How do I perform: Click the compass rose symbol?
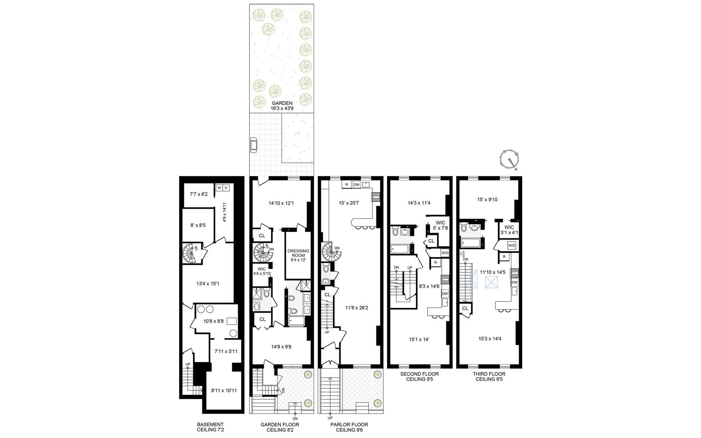coord(509,160)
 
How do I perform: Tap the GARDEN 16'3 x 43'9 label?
coord(282,106)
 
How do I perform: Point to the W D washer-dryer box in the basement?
coord(222,188)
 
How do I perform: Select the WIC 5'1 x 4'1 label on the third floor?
coord(509,230)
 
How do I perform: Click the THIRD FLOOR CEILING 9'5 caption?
coord(489,376)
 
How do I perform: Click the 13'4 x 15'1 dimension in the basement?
coord(207,284)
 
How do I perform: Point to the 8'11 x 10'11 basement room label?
coord(224,391)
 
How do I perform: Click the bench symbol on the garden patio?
coord(253,145)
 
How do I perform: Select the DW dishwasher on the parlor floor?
coord(356,185)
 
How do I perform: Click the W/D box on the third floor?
coord(512,245)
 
